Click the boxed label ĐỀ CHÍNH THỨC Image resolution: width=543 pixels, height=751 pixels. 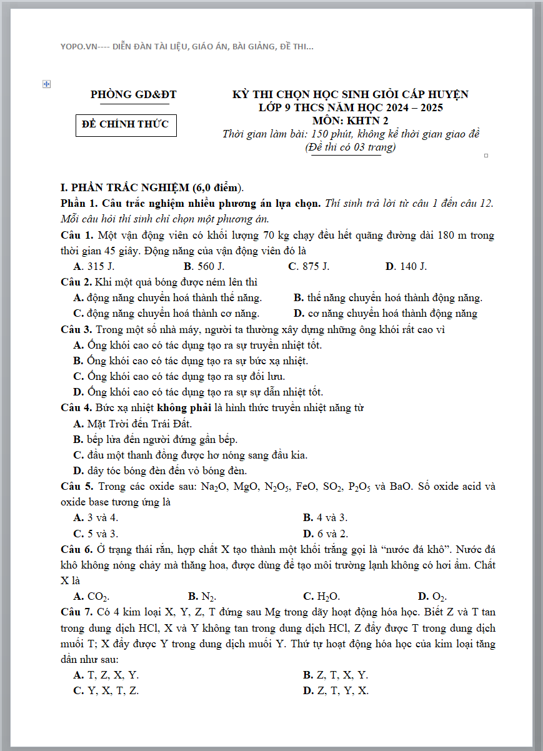(x=126, y=124)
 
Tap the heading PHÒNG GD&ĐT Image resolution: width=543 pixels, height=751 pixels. (x=133, y=95)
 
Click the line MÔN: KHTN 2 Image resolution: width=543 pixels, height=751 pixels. (x=350, y=121)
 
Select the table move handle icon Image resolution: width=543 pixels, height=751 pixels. (x=46, y=84)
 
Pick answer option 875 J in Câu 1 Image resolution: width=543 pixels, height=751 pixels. (x=309, y=267)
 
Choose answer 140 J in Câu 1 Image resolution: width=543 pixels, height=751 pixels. (x=406, y=267)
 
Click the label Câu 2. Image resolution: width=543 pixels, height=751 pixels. (x=77, y=282)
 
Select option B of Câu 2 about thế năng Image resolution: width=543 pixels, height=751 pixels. (x=387, y=298)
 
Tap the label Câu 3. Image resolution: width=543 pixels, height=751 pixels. (x=77, y=329)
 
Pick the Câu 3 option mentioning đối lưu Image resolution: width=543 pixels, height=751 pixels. (x=179, y=376)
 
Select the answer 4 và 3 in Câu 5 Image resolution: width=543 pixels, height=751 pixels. (x=325, y=518)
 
